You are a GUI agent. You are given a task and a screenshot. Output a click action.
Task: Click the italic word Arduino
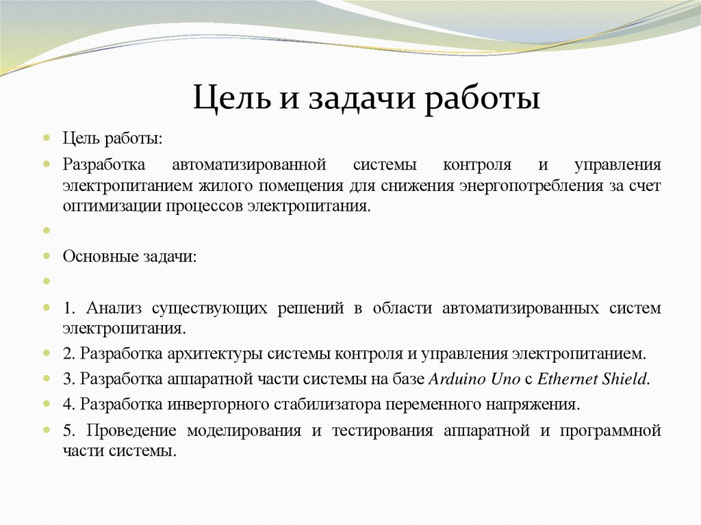(452, 379)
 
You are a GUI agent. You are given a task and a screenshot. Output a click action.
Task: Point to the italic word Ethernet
(565, 379)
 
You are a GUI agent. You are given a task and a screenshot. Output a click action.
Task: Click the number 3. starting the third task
(68, 379)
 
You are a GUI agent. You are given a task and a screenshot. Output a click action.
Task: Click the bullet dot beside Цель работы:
(47, 138)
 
